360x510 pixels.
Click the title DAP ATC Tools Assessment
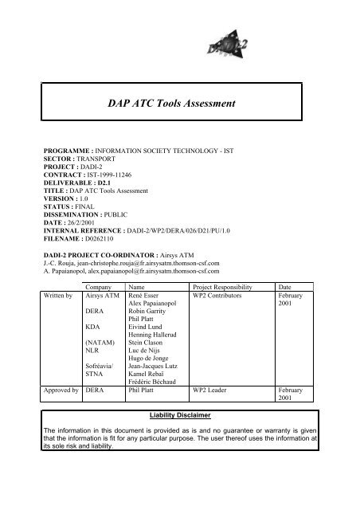point(180,103)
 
